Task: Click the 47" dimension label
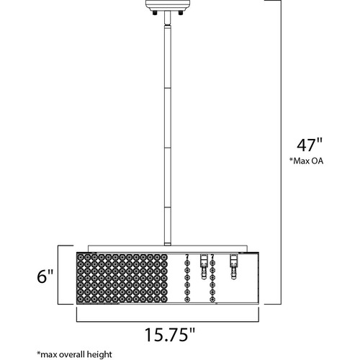pos(310,145)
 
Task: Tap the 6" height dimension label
pos(45,276)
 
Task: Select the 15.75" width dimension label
pos(170,335)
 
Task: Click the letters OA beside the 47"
pos(317,161)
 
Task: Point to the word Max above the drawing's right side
pos(302,161)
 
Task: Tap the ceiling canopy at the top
pos(168,5)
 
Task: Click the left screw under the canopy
pos(155,13)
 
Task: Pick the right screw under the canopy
pos(180,13)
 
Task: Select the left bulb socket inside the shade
pos(204,266)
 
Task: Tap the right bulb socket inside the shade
pos(233,266)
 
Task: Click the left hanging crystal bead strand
pos(187,278)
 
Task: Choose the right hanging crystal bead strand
pos(212,278)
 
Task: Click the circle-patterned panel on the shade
pos(122,278)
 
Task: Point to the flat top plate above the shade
pos(168,248)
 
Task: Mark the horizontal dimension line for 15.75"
pos(168,321)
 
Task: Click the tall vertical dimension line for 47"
pos(281,152)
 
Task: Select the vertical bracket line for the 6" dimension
pos(58,275)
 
